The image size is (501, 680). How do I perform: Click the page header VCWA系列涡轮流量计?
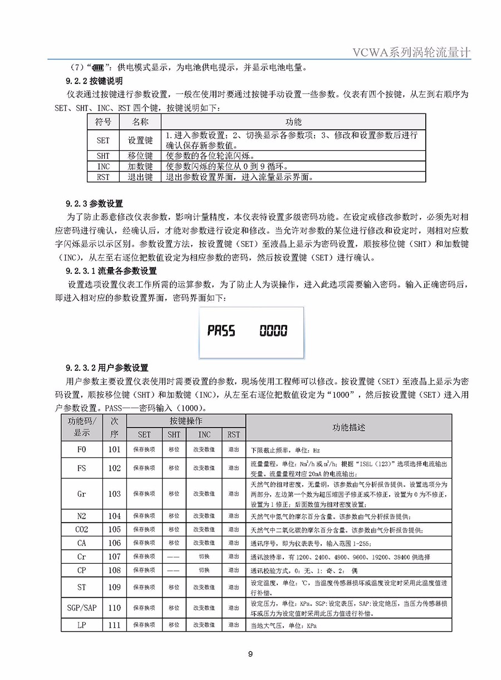coord(412,52)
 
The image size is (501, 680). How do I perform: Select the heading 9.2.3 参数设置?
coord(94,203)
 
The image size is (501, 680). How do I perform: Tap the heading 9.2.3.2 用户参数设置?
coord(106,368)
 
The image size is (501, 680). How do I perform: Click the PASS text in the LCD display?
coord(222,332)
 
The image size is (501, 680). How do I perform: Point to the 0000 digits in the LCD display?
coord(273,332)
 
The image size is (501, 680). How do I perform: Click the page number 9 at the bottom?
coord(250,654)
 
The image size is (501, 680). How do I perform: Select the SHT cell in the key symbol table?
coord(103,156)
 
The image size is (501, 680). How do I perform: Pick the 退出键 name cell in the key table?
coord(140,178)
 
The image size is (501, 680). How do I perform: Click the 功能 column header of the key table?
coord(293,121)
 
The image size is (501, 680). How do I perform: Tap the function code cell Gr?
coord(82,494)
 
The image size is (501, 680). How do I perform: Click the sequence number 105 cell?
coord(114,529)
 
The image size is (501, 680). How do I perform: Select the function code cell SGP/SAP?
coord(82,608)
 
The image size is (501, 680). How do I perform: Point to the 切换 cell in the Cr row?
coord(204,556)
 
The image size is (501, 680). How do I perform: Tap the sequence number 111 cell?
coord(114,625)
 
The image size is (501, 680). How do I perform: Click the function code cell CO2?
coord(82,529)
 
